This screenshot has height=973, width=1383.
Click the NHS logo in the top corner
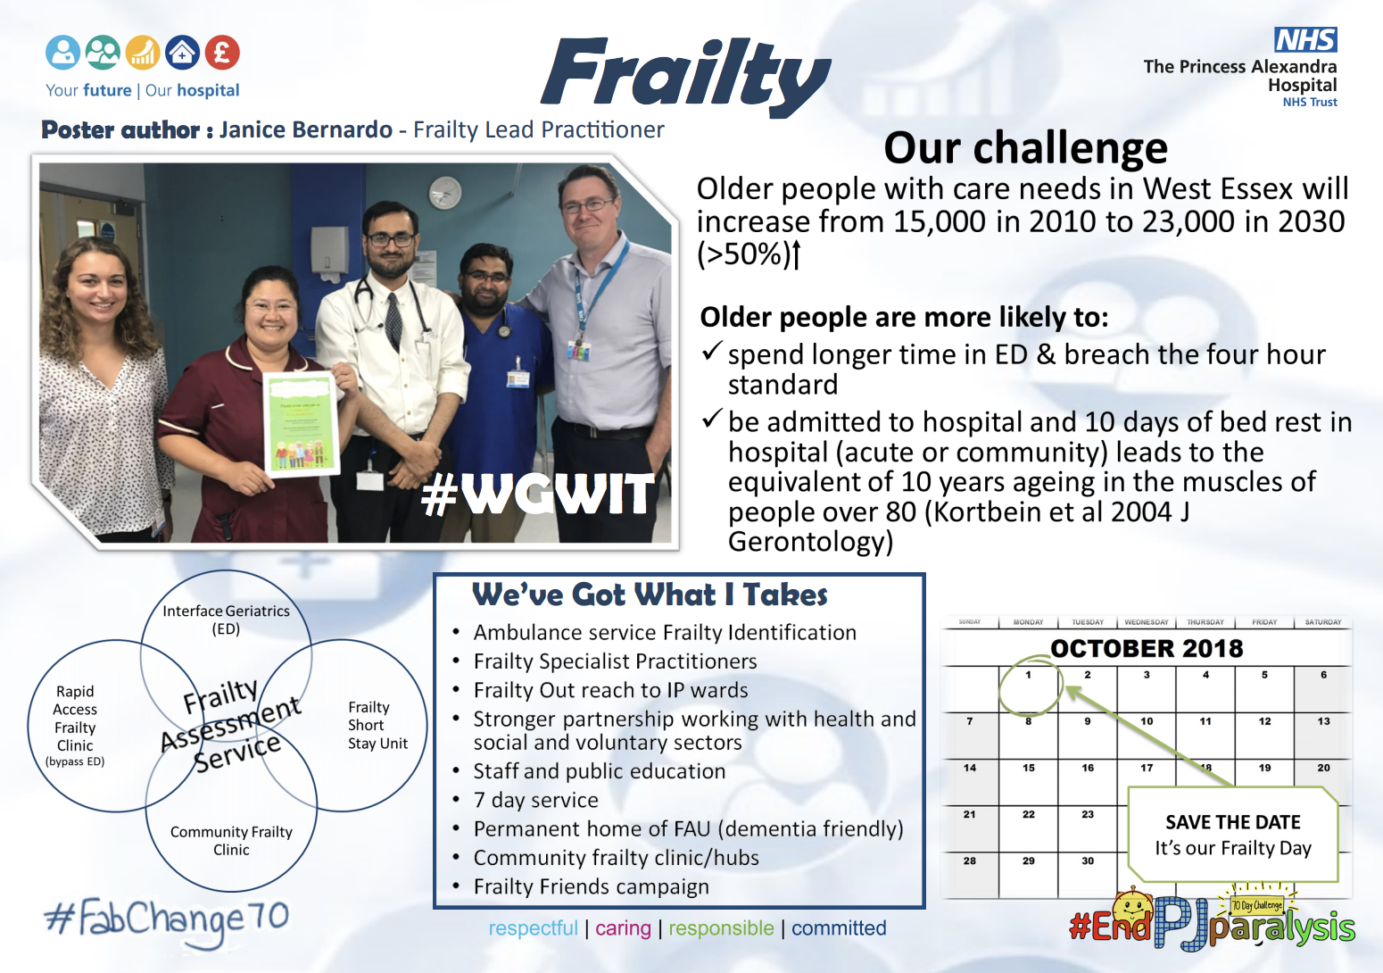tap(1305, 40)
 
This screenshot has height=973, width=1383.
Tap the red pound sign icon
tap(222, 53)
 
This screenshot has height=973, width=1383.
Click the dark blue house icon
tap(182, 53)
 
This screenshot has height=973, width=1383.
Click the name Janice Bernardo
tap(305, 130)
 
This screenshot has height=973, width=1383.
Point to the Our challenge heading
tap(1025, 148)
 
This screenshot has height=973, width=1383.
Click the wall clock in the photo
tap(445, 192)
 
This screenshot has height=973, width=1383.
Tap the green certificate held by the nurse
tap(302, 424)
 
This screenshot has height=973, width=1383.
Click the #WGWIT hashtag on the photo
tap(538, 495)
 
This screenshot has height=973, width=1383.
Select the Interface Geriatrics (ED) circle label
tap(226, 620)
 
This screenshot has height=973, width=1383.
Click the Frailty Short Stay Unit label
tap(377, 725)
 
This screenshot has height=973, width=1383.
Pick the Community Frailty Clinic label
tap(231, 840)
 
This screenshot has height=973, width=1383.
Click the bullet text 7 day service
tap(535, 800)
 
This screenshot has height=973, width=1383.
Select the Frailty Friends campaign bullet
tap(591, 886)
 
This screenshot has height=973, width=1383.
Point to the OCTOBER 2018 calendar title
tap(1147, 648)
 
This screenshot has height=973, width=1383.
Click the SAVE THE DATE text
tap(1232, 822)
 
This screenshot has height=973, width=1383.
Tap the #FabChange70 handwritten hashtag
tap(167, 919)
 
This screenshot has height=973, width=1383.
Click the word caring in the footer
tap(623, 928)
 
